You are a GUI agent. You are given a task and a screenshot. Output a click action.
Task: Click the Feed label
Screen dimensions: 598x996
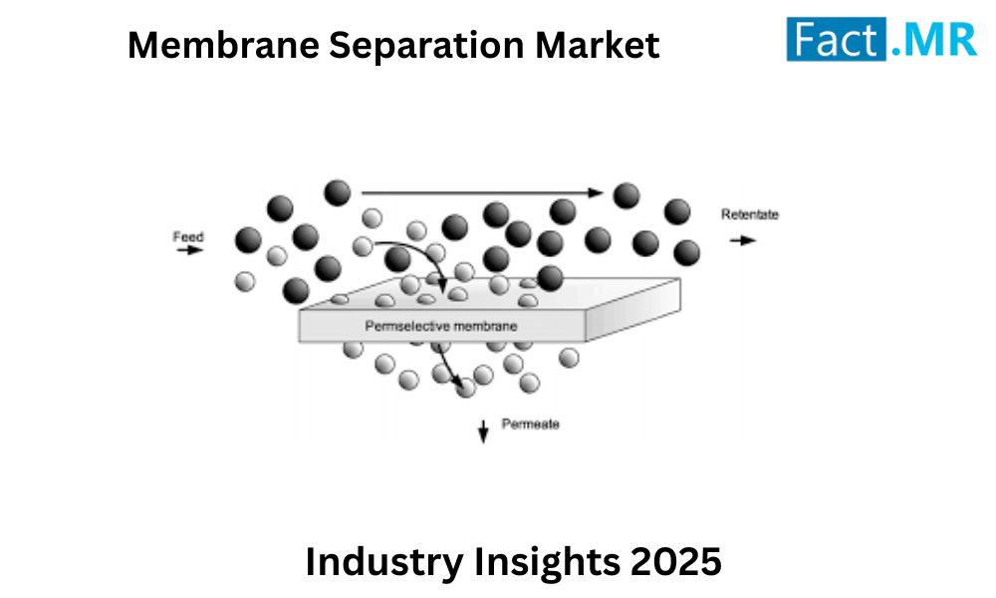188,237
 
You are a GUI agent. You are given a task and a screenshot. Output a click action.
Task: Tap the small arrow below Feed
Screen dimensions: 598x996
189,251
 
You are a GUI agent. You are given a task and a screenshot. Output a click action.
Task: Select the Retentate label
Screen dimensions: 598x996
750,214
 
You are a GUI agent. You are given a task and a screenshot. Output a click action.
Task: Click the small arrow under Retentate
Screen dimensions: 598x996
742,239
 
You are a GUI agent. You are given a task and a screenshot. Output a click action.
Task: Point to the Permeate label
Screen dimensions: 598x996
531,425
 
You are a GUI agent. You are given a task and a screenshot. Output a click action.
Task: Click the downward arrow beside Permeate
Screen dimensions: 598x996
484,431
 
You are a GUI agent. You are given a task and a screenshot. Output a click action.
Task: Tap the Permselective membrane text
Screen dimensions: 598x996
441,326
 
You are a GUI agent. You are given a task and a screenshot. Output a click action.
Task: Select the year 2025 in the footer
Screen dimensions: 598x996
676,562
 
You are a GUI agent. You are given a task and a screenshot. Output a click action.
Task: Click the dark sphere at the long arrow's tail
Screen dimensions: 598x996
338,191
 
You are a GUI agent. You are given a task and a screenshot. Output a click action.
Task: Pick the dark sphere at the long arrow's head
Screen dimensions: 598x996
626,195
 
